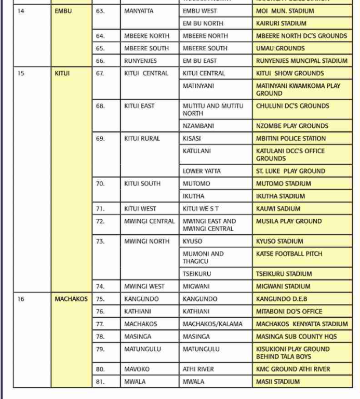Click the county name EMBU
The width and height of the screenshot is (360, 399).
click(63, 11)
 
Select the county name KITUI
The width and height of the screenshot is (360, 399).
click(62, 74)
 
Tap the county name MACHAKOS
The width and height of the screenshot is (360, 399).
click(71, 299)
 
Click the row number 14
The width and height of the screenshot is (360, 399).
click(21, 11)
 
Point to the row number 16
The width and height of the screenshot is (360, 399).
click(21, 299)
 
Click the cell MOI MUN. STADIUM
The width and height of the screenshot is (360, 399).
click(285, 11)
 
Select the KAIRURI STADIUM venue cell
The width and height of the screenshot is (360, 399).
click(281, 23)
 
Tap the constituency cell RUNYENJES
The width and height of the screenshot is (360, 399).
click(140, 61)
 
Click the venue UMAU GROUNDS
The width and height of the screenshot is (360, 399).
click(280, 48)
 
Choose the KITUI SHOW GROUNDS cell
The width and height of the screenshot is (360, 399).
click(290, 74)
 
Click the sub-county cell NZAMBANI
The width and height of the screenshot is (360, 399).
click(198, 126)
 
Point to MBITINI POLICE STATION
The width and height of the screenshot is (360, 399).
click(291, 139)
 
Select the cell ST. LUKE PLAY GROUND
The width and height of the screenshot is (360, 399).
click(290, 171)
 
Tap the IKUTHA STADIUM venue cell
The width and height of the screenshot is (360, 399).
click(281, 196)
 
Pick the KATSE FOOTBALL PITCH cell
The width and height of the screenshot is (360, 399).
click(289, 254)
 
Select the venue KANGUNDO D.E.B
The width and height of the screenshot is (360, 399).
click(282, 299)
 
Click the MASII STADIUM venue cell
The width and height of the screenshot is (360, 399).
click(278, 382)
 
